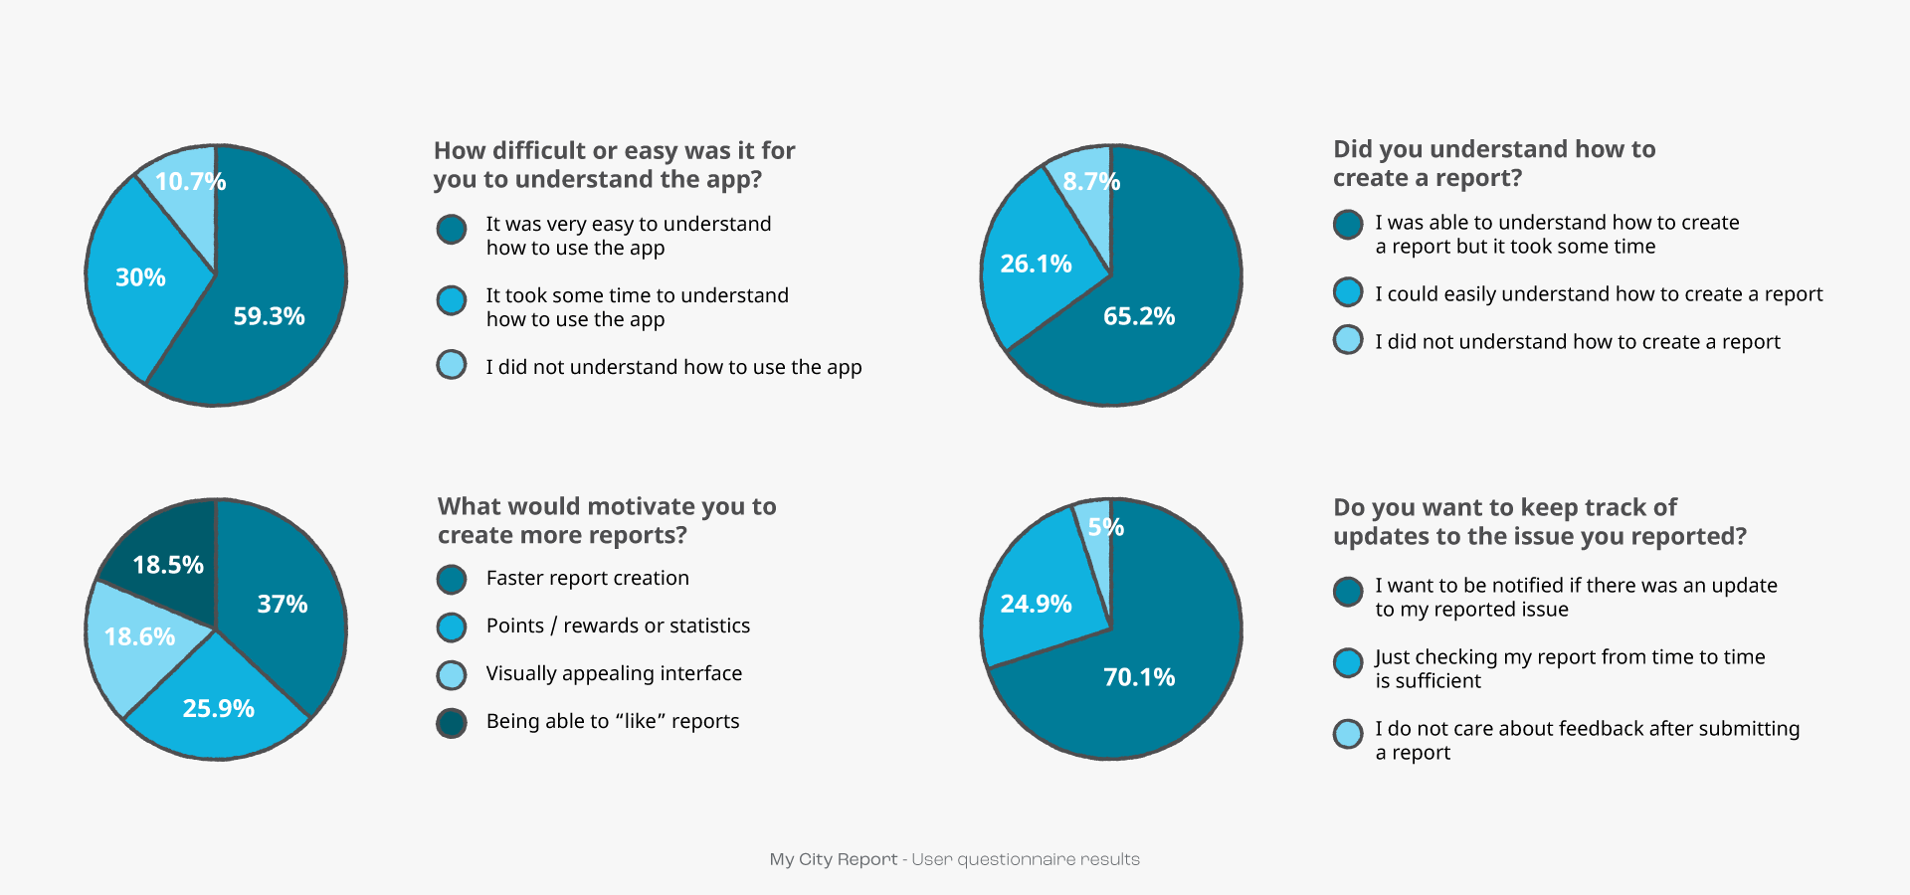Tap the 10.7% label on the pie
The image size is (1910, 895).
190,182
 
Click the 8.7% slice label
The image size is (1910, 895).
1091,182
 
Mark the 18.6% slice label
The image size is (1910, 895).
139,636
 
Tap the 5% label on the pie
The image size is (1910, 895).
1106,527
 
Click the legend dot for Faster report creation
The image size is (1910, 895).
452,579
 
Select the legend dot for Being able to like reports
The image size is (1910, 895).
452,722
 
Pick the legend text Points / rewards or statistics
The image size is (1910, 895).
618,626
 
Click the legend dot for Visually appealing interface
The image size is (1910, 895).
452,674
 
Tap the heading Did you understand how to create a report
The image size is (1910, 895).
1494,163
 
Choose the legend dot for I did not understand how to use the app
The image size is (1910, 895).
452,364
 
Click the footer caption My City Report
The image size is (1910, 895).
834,859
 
